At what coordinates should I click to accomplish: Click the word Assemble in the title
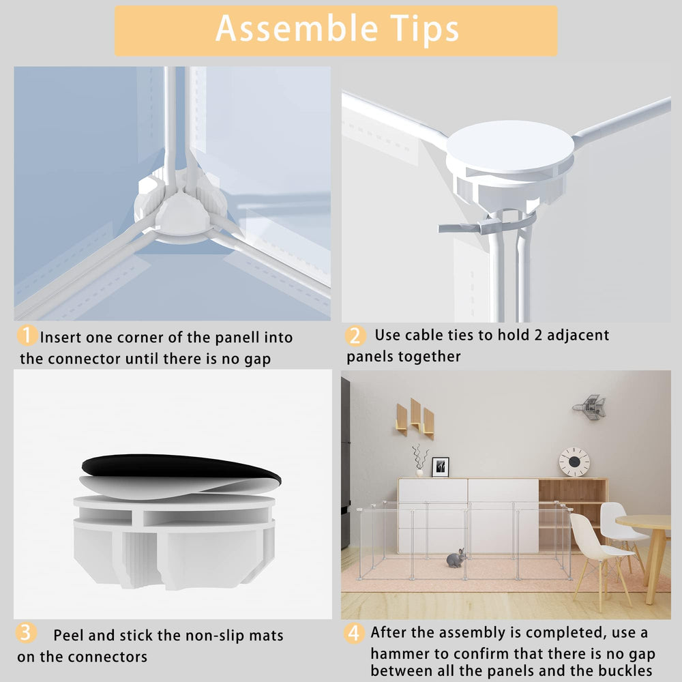(x=297, y=28)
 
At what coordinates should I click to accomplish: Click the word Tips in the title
(x=424, y=29)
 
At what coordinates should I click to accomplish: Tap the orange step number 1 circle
(x=27, y=336)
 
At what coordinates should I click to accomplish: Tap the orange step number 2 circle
(x=355, y=336)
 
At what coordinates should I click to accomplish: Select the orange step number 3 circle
(x=26, y=633)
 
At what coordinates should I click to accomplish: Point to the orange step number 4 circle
(x=354, y=634)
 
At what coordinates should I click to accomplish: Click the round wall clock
(x=574, y=462)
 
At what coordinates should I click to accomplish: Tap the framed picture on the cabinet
(x=440, y=467)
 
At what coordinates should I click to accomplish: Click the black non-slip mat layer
(x=181, y=468)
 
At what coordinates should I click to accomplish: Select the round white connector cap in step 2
(x=509, y=147)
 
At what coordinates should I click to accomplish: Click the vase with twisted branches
(x=419, y=460)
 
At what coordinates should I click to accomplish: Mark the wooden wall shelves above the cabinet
(x=415, y=419)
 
